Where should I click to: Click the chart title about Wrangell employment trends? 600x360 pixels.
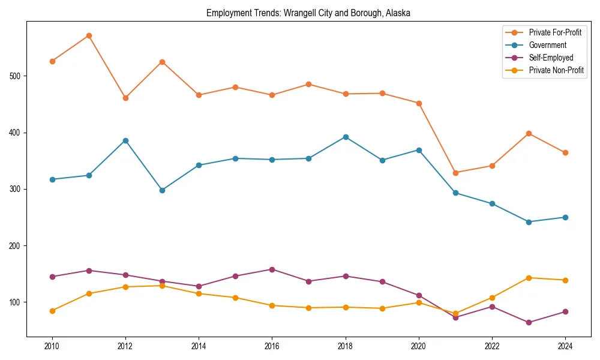pyautogui.click(x=308, y=13)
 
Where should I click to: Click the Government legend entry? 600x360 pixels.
pyautogui.click(x=547, y=45)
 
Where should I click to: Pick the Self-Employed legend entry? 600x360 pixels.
pyautogui.click(x=551, y=58)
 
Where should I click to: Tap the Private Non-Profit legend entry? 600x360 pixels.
pyautogui.click(x=556, y=70)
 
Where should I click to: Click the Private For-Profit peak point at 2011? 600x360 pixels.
pyautogui.click(x=89, y=36)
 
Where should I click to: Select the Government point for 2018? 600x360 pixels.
pyautogui.click(x=346, y=137)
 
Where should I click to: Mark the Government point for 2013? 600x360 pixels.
pyautogui.click(x=162, y=190)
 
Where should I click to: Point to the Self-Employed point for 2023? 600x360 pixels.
pyautogui.click(x=529, y=322)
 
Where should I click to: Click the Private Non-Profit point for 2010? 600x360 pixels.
pyautogui.click(x=52, y=311)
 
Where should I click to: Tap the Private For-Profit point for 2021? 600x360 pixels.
pyautogui.click(x=455, y=173)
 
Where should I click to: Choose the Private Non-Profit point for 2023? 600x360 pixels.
pyautogui.click(x=529, y=278)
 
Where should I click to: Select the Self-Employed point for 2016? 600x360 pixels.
pyautogui.click(x=272, y=269)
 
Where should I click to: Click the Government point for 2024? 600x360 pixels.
pyautogui.click(x=565, y=217)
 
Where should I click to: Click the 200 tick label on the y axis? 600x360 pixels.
pyautogui.click(x=17, y=246)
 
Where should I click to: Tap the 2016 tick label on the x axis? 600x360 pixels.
pyautogui.click(x=272, y=346)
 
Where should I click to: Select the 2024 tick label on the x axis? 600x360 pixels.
pyautogui.click(x=565, y=346)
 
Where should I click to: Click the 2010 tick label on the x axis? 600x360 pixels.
pyautogui.click(x=52, y=346)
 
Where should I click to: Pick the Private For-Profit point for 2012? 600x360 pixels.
pyautogui.click(x=125, y=98)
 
